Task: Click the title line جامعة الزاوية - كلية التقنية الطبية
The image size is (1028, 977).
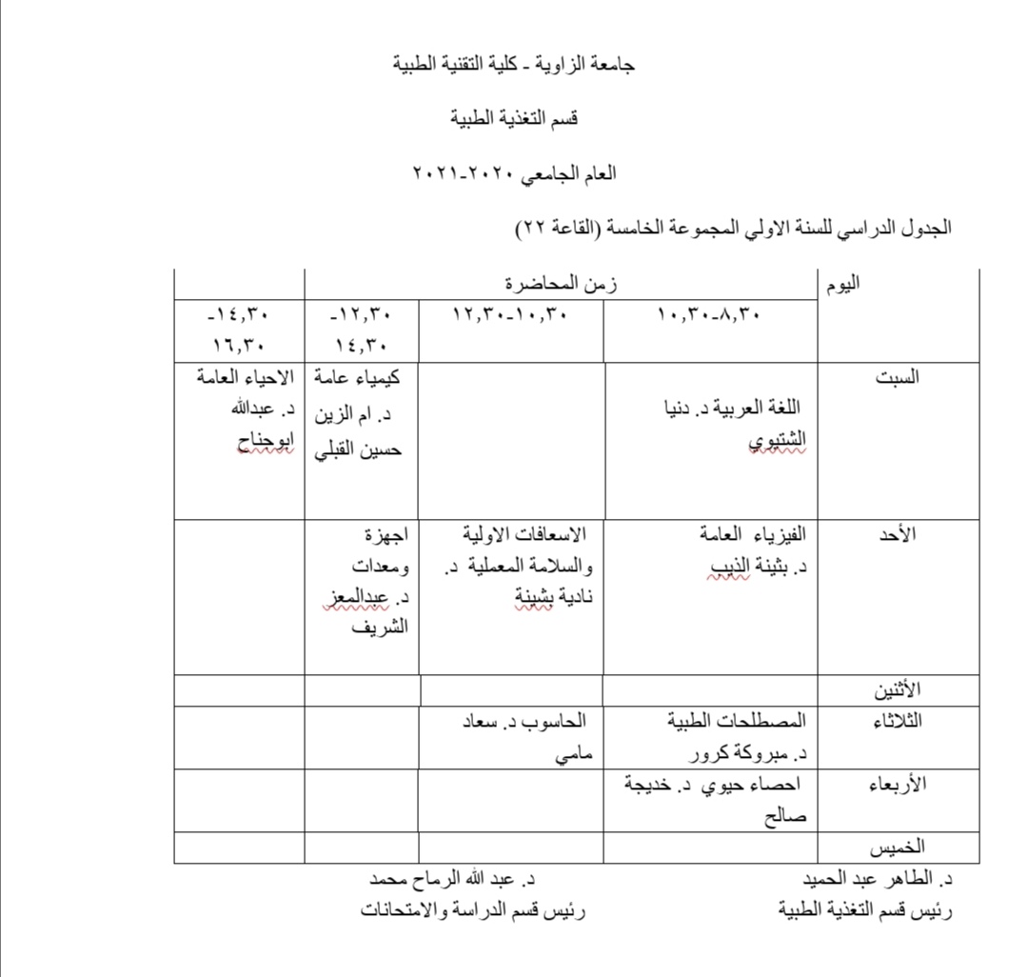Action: tap(514, 65)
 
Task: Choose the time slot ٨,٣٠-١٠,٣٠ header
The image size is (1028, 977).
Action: tap(710, 315)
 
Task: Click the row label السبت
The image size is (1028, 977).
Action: tap(897, 377)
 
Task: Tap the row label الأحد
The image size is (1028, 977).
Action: tap(897, 534)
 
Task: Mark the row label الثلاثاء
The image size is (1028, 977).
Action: tap(897, 720)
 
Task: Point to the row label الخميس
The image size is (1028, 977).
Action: tap(898, 847)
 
